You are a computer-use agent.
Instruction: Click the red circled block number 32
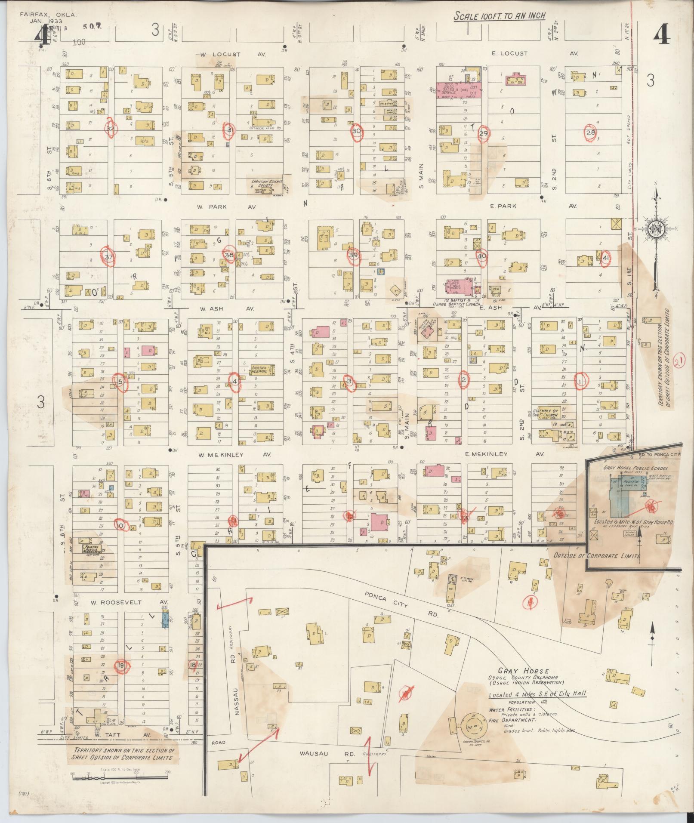pyautogui.click(x=111, y=129)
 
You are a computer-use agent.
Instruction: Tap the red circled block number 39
pyautogui.click(x=353, y=255)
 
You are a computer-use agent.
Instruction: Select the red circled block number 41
pyautogui.click(x=606, y=258)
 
